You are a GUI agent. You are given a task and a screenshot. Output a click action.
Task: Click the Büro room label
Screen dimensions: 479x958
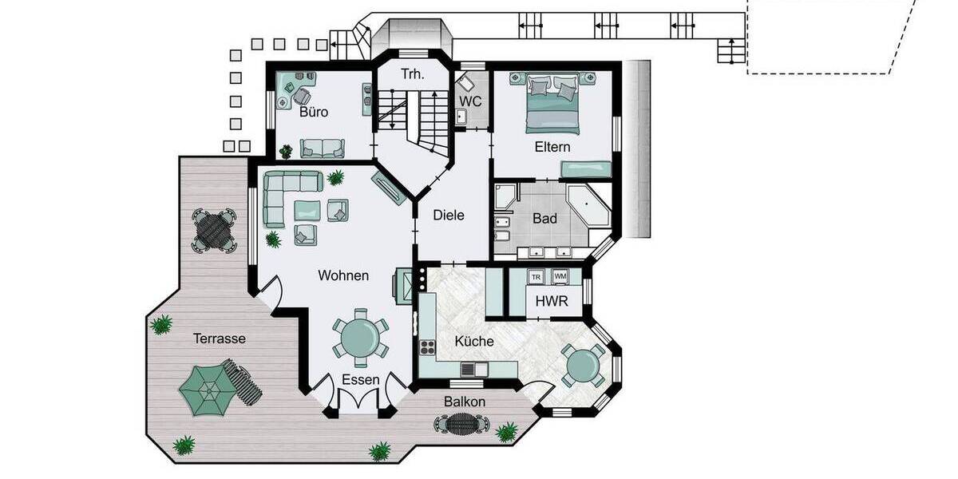point(314,112)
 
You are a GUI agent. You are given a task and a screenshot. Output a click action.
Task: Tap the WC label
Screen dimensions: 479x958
point(470,101)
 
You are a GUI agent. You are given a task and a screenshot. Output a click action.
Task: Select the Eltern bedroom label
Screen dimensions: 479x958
point(552,147)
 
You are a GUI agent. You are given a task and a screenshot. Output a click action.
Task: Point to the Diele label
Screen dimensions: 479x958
point(448,216)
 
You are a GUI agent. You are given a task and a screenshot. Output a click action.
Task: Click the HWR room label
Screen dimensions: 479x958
point(552,302)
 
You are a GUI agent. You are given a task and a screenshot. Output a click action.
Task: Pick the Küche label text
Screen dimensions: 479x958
point(474,341)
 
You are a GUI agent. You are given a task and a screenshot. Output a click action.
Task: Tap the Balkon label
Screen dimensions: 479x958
point(465,402)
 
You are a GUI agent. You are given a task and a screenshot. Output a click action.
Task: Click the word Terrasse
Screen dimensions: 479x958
point(220,338)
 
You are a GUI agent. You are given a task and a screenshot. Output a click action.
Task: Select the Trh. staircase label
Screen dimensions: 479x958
point(412,74)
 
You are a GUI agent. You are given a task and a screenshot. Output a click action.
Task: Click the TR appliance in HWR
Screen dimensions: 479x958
point(536,277)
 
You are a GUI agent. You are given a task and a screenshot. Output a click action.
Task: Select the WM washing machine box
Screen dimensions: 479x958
point(560,277)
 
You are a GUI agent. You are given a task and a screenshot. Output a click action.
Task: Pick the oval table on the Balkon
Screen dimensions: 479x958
point(460,424)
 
